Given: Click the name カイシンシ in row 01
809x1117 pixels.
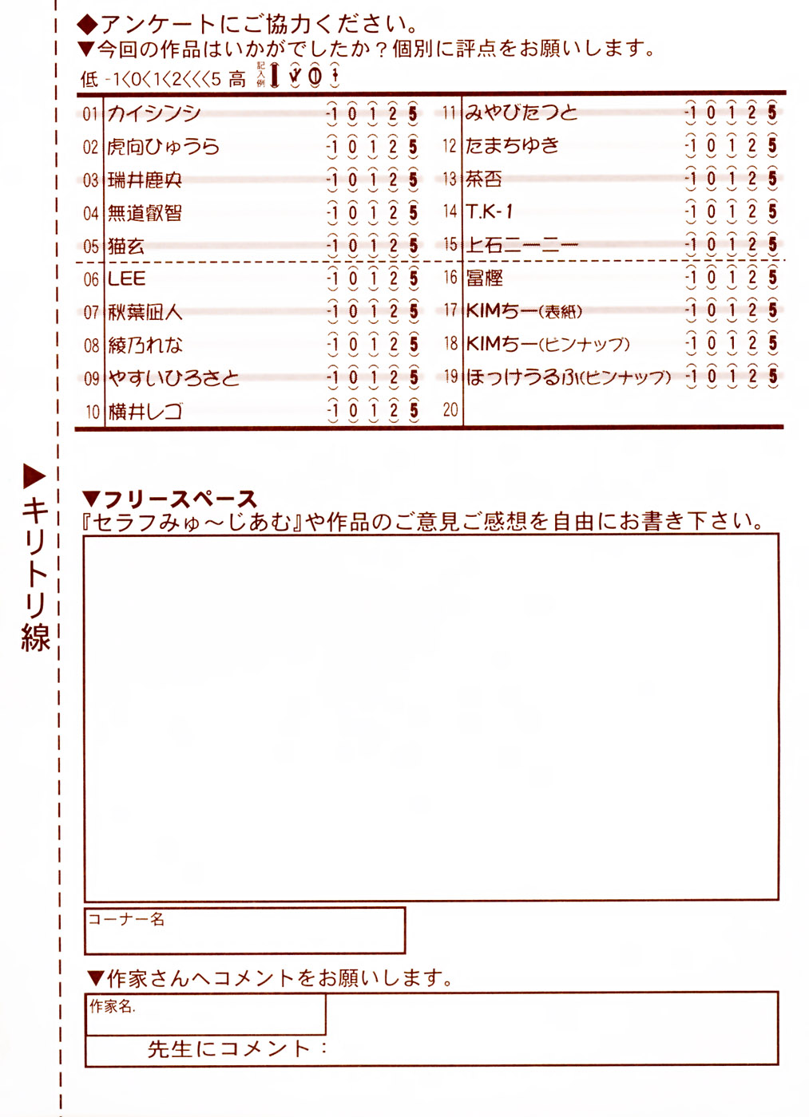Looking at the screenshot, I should [154, 113].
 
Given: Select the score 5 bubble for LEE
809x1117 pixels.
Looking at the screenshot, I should [413, 278].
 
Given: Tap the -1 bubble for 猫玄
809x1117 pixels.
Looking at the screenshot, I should [332, 246].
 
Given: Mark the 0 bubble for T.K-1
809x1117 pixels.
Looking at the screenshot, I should [711, 211].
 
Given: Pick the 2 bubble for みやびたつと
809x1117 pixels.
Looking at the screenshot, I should [751, 112].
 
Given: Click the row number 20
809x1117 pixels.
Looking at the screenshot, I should [450, 409].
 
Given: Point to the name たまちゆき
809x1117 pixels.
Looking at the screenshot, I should [512, 145].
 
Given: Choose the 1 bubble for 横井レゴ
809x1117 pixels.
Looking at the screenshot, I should [373, 411].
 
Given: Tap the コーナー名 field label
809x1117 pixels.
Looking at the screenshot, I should [126, 919].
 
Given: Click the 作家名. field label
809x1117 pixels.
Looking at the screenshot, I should [113, 1006].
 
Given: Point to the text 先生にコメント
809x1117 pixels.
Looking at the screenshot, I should [229, 1048].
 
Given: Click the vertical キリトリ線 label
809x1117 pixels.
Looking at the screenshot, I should [36, 574].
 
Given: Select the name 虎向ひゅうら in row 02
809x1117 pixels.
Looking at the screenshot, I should [164, 147].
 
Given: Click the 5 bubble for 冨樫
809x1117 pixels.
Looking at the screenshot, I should [772, 277].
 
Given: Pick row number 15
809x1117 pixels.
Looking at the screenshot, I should [450, 244].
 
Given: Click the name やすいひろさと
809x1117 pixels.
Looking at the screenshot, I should [173, 378].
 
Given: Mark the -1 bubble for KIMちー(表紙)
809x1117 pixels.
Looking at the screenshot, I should [691, 310].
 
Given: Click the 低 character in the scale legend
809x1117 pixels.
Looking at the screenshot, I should [89, 79].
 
